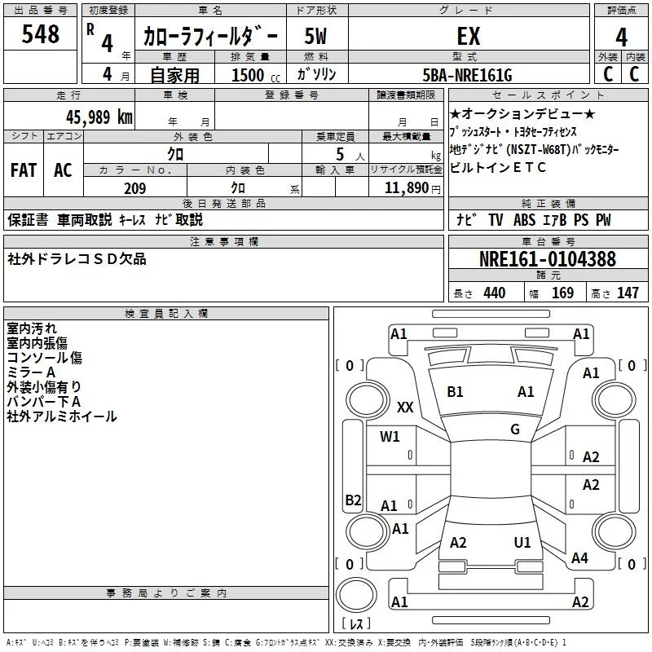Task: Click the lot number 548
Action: tap(41, 34)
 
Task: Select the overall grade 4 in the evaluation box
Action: tap(621, 37)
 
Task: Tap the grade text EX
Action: tap(468, 37)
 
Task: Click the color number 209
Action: tap(135, 188)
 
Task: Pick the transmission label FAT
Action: tap(24, 170)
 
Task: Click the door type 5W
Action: tap(316, 37)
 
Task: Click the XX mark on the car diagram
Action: tap(405, 407)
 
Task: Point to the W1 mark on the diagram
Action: tap(390, 437)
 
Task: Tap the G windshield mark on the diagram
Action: tap(515, 429)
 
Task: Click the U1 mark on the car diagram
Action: tap(522, 542)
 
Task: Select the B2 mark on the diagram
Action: tap(353, 500)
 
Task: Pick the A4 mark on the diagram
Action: tap(579, 558)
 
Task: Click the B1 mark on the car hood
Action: tap(455, 392)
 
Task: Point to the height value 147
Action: tap(628, 293)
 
